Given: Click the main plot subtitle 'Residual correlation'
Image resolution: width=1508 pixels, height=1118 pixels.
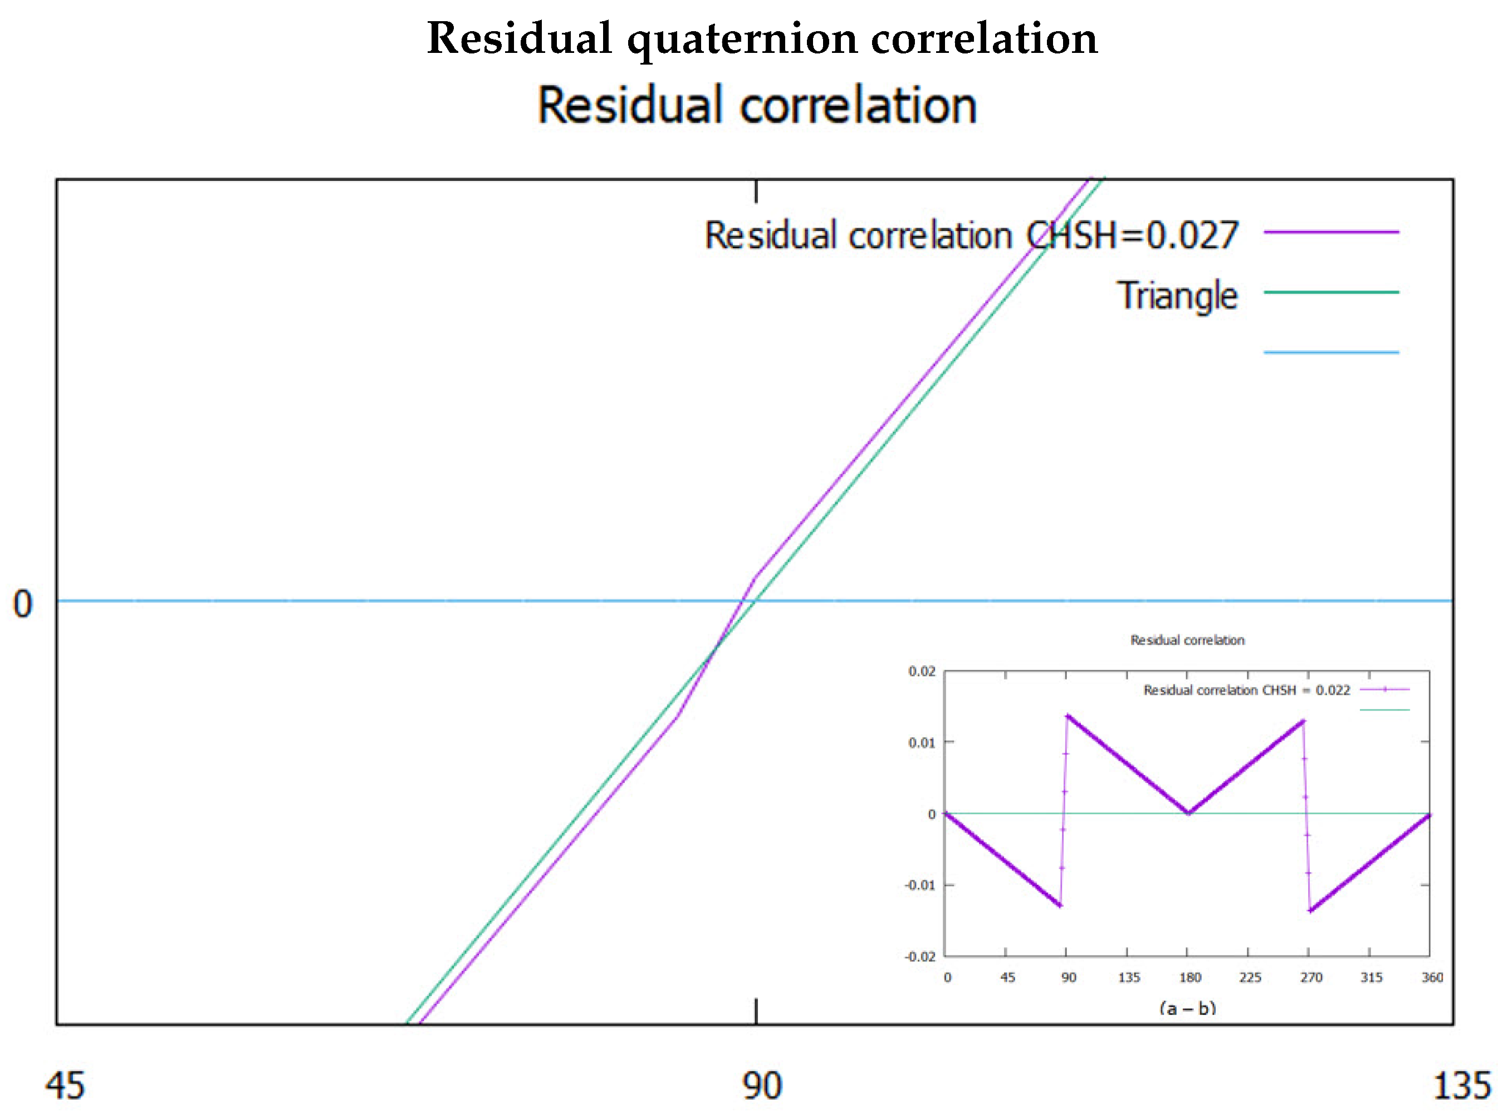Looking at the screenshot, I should (x=757, y=106).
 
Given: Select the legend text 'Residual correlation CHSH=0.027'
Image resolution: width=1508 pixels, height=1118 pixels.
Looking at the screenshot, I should (x=971, y=236).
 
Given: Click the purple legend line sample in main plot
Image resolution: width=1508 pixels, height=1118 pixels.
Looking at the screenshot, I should (x=1331, y=232).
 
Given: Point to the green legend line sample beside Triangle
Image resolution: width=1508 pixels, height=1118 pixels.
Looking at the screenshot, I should (x=1331, y=292).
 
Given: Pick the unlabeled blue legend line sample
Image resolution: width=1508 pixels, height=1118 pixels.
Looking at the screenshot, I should (x=1331, y=352).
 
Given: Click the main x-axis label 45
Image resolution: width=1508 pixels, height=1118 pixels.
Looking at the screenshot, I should (x=65, y=1086).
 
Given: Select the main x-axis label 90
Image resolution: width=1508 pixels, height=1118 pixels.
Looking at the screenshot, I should (x=761, y=1086).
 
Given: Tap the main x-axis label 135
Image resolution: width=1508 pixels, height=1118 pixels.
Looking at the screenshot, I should (x=1462, y=1086).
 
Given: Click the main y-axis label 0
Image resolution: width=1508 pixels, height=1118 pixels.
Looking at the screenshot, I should (x=22, y=604).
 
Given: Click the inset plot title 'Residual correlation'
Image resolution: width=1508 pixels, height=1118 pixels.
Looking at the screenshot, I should (x=1187, y=640).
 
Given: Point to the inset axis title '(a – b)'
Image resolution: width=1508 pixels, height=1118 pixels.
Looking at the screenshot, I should (x=1187, y=1008).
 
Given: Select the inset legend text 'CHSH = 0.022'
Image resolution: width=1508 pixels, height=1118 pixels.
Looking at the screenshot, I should (x=1306, y=690).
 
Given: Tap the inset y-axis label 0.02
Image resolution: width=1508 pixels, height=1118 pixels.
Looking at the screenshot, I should (x=921, y=671).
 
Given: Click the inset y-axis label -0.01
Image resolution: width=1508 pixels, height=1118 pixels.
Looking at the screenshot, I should (x=920, y=885).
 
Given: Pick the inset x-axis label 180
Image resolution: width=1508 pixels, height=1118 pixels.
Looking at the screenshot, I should (x=1190, y=977).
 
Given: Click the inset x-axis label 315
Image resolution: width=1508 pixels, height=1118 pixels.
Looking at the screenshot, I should (x=1371, y=977).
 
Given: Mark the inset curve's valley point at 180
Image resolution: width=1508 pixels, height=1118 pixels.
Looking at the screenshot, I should (x=1188, y=813).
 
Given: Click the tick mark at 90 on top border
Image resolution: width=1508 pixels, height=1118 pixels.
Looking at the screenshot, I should (x=756, y=192).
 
